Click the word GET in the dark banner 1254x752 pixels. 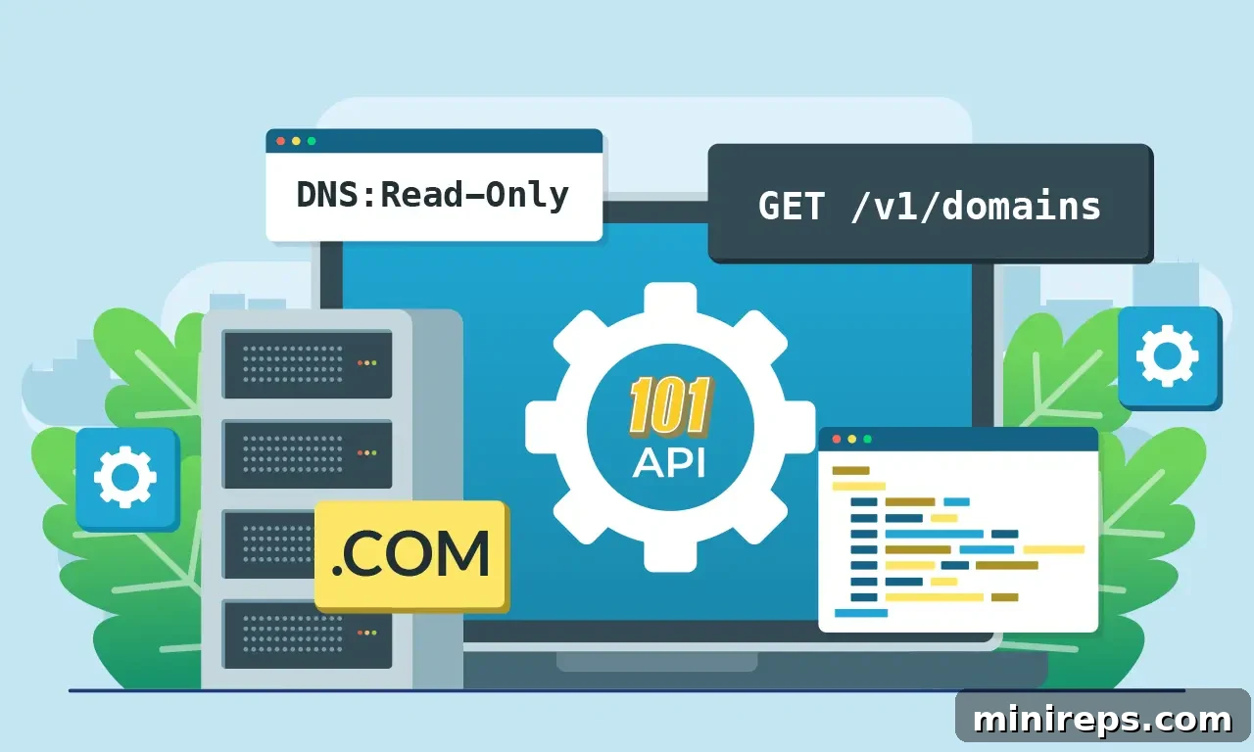791,206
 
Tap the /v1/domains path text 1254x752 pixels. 975,207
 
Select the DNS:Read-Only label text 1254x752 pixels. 432,195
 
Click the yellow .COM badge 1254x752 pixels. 411,555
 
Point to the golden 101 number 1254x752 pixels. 670,405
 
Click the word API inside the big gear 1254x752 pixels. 669,464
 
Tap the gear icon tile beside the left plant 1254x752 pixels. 127,479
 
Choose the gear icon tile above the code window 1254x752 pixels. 1170,357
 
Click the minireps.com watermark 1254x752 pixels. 1102,719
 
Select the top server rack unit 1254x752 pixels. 308,364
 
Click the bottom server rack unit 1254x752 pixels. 308,634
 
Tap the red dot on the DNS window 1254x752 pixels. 281,141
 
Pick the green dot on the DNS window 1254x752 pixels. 312,141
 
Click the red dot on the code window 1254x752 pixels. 837,440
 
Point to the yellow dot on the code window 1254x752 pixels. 852,440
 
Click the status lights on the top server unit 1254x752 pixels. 367,363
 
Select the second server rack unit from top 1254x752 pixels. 308,453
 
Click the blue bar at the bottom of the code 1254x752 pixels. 861,613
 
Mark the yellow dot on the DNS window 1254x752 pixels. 296,141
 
